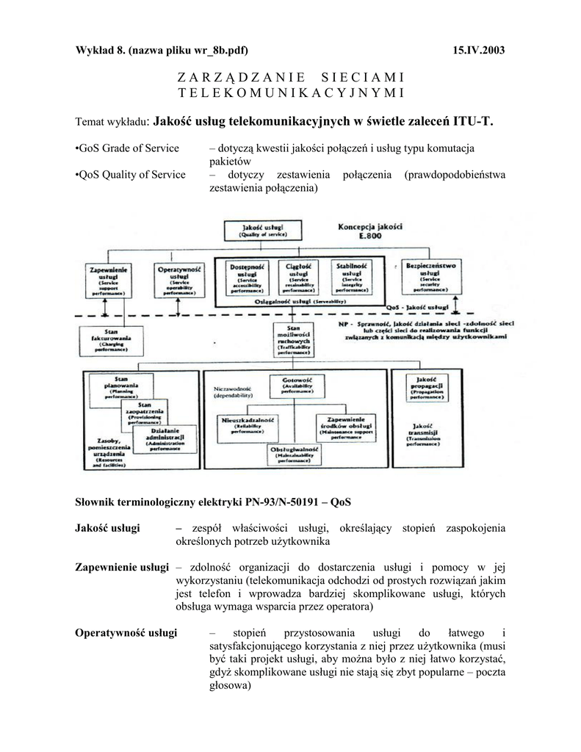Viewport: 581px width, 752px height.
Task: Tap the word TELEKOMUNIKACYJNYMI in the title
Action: point(292,93)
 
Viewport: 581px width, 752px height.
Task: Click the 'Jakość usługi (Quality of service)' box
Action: point(262,230)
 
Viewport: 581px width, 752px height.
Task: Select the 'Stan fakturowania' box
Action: point(112,341)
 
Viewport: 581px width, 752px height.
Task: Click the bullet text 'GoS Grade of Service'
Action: point(128,148)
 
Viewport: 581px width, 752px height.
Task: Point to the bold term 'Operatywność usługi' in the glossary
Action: point(126,633)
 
